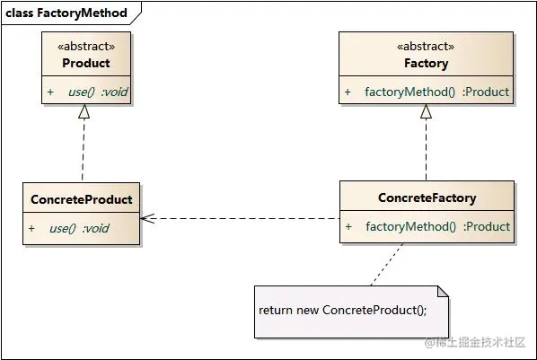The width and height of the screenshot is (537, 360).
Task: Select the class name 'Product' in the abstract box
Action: pos(86,63)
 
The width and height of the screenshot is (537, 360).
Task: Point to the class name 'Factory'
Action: pos(426,63)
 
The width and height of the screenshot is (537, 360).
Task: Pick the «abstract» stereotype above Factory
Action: pos(426,47)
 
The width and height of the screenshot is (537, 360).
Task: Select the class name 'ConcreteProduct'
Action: pos(81,199)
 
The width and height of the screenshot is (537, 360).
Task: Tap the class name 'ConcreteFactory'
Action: pos(427,198)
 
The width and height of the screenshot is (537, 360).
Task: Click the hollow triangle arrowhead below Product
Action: pos(84,111)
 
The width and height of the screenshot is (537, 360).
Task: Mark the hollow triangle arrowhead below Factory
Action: pos(427,111)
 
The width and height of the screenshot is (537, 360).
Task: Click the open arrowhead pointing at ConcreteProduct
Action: pos(146,218)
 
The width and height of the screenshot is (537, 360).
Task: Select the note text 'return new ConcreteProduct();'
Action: pos(342,310)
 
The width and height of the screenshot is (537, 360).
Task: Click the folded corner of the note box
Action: pos(440,292)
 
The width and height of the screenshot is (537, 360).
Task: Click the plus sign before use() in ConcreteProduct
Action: pos(31,228)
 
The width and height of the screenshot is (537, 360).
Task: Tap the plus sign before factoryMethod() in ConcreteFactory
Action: pos(348,227)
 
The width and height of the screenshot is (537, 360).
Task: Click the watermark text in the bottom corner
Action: pos(476,343)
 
